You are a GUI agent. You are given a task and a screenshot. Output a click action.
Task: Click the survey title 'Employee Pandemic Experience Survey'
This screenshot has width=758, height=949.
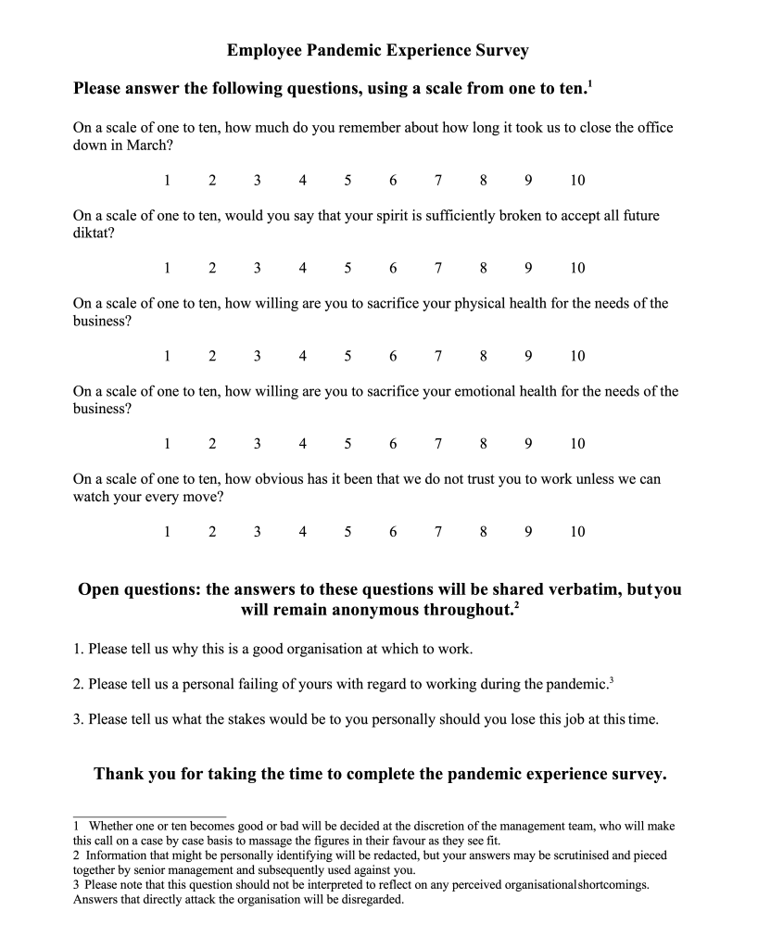(378, 50)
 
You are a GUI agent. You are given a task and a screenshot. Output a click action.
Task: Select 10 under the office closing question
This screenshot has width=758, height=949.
(577, 180)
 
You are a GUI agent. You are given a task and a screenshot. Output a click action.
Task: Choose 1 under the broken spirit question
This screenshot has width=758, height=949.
(167, 268)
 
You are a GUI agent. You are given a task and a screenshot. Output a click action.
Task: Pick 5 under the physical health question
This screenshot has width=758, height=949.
(347, 356)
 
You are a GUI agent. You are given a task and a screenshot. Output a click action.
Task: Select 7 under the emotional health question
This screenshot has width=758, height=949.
(438, 444)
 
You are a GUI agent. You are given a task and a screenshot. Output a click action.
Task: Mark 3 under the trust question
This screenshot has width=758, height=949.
(257, 532)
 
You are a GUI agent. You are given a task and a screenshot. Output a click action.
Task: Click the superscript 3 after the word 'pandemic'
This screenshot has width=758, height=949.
(612, 681)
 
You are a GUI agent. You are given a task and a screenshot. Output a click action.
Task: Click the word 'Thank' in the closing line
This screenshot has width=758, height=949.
(118, 775)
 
